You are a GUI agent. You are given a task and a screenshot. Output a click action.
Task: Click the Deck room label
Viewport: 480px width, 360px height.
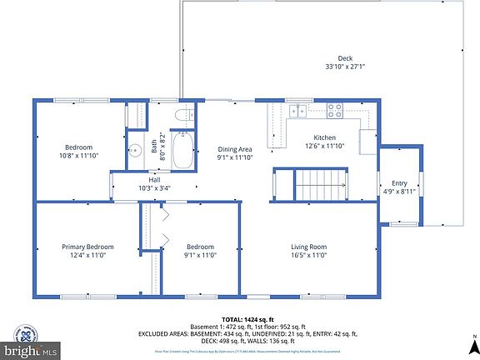click(333, 58)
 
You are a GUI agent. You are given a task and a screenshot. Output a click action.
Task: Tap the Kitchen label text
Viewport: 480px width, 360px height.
click(324, 137)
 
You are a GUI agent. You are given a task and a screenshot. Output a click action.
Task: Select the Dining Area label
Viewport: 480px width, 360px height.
click(234, 149)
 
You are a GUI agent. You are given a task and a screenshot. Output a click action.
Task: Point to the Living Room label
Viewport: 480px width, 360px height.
click(308, 247)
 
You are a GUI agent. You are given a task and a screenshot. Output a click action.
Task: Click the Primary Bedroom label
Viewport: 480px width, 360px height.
click(87, 247)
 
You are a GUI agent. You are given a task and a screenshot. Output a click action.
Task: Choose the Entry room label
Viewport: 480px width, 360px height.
click(399, 182)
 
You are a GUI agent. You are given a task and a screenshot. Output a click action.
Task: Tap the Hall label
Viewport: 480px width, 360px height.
click(154, 179)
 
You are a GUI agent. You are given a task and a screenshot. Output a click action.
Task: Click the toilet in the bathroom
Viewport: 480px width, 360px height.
click(183, 117)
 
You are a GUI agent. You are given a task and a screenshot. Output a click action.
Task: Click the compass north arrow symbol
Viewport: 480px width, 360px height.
click(472, 342)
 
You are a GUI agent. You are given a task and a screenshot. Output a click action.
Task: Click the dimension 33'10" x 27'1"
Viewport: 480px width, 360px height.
click(333, 67)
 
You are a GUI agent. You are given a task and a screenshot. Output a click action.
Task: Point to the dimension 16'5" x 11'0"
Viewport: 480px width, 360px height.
click(308, 256)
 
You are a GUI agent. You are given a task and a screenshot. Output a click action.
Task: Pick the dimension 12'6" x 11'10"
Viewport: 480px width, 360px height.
click(324, 147)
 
